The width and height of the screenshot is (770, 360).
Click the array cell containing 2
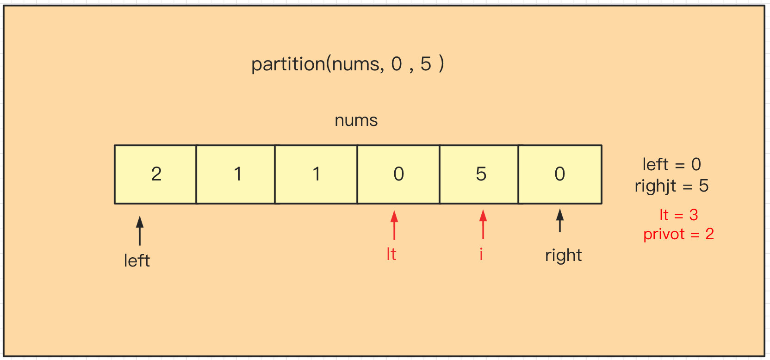pos(155,174)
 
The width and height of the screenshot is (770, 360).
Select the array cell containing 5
pos(479,174)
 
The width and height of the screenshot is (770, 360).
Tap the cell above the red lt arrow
pos(398,174)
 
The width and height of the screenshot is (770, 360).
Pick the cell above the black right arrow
pos(560,174)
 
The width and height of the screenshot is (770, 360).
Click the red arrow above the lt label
pos(394,225)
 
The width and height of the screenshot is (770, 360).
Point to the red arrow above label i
pos(483,224)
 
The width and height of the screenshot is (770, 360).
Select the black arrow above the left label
pos(140,230)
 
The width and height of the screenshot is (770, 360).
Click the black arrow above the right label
pos(560,220)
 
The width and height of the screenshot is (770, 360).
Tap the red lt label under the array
pos(391,254)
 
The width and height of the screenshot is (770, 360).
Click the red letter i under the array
pos(481,254)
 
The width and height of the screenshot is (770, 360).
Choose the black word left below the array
pos(137,261)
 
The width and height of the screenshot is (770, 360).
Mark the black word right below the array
pos(563,255)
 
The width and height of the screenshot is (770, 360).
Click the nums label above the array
pos(356,120)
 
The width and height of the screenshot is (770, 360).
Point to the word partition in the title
pos(288,64)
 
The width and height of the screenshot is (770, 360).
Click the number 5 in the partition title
pos(426,64)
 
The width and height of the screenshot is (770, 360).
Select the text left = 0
pos(671,164)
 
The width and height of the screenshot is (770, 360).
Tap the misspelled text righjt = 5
pos(671,186)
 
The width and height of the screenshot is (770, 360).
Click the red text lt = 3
pos(678,215)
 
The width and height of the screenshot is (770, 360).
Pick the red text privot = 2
pos(678,234)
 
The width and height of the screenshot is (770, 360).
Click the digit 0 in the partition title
pos(397,64)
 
